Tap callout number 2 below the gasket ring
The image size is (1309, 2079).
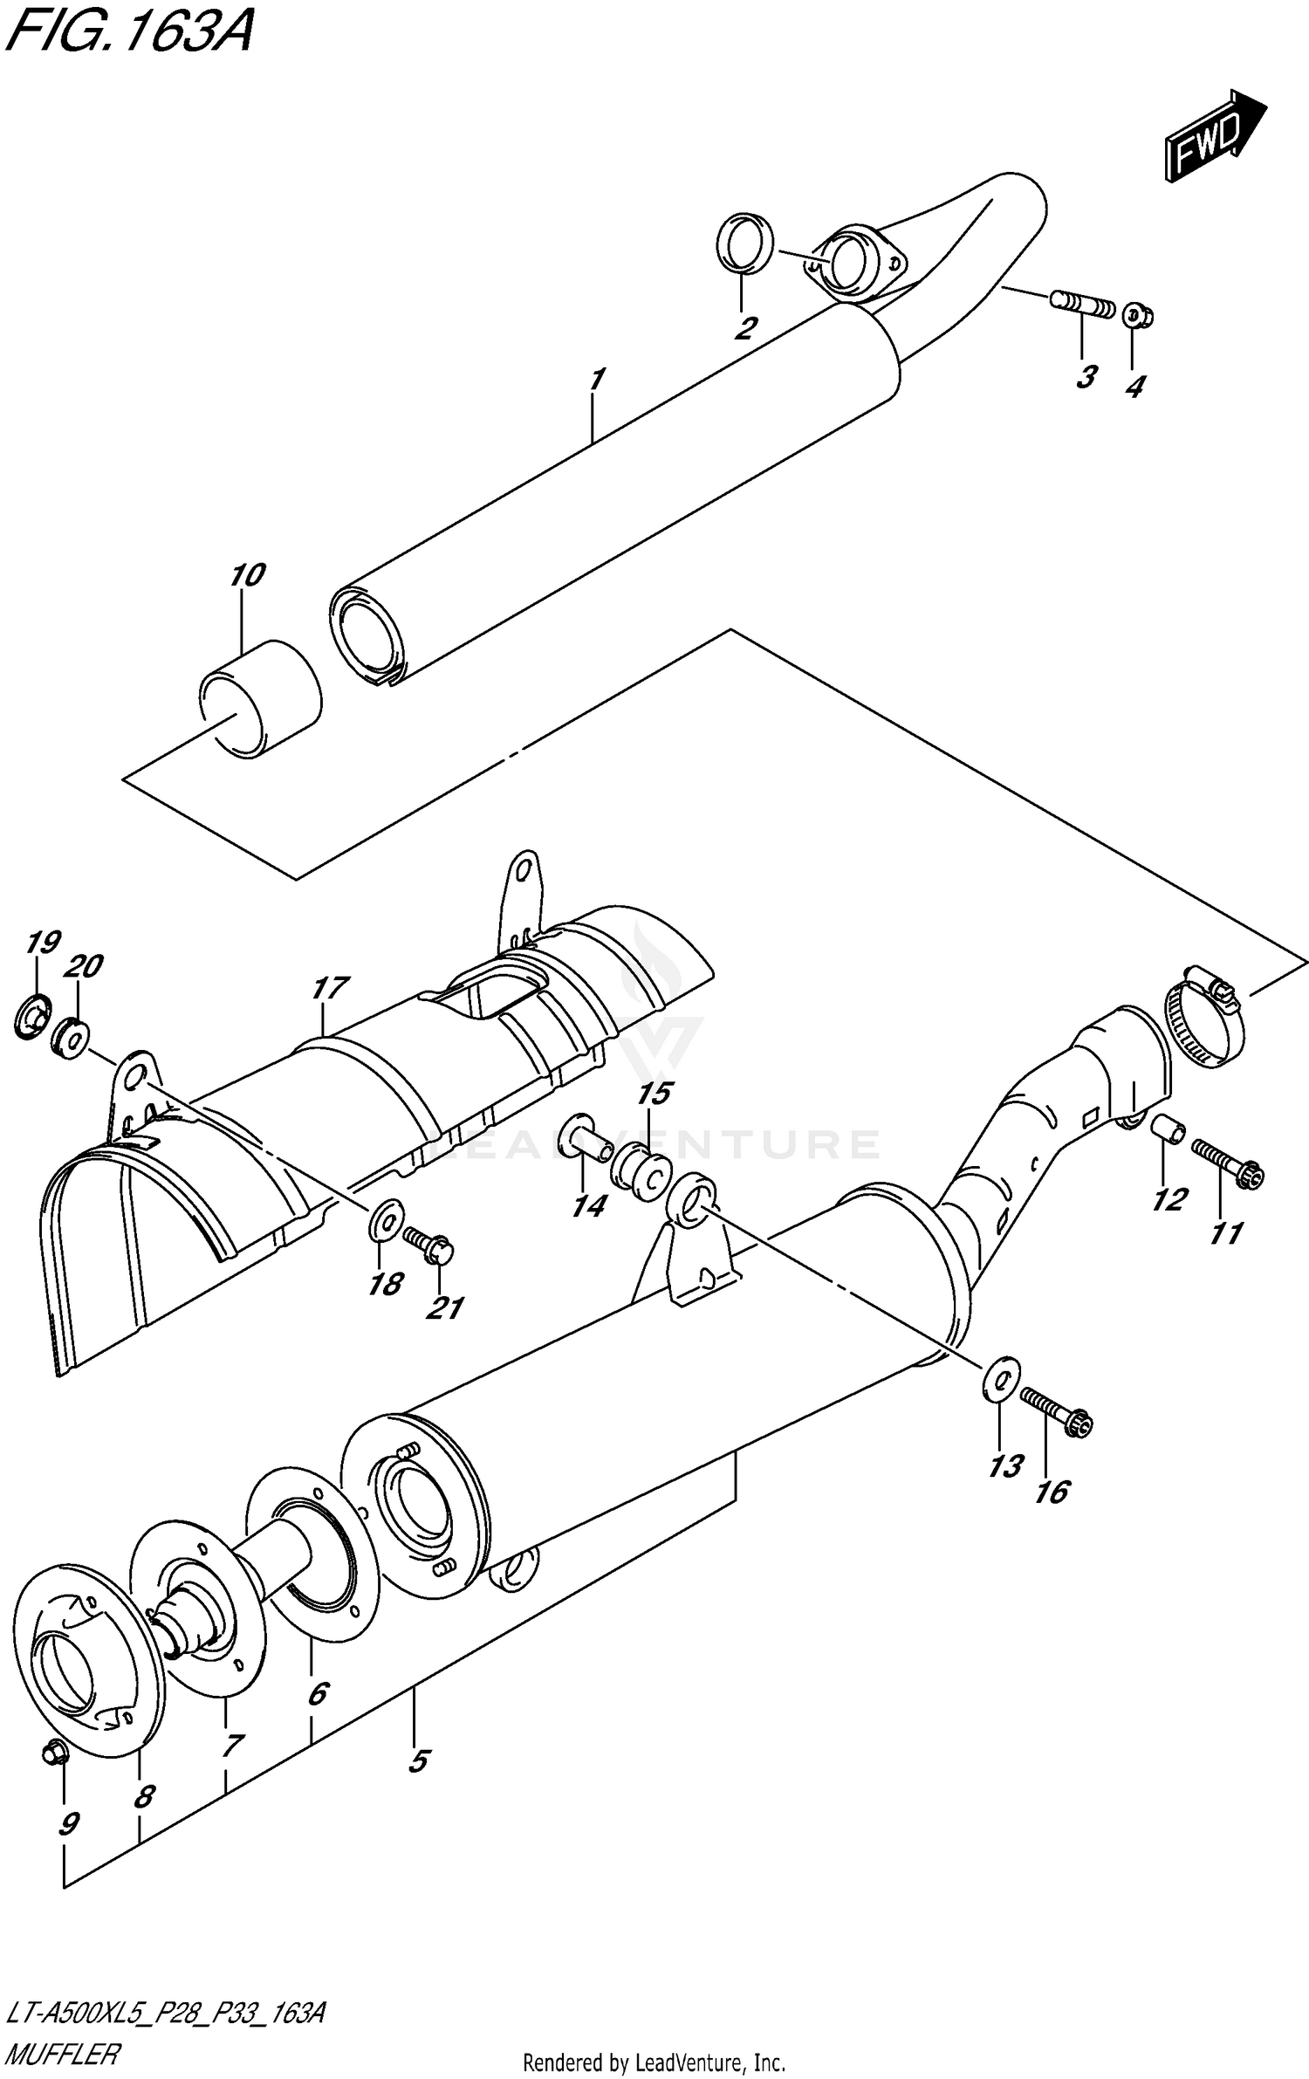click(744, 329)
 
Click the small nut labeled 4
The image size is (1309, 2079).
click(1135, 315)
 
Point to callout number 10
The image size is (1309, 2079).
click(247, 576)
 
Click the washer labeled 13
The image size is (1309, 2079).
click(1002, 1380)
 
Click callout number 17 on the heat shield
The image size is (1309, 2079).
click(330, 988)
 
